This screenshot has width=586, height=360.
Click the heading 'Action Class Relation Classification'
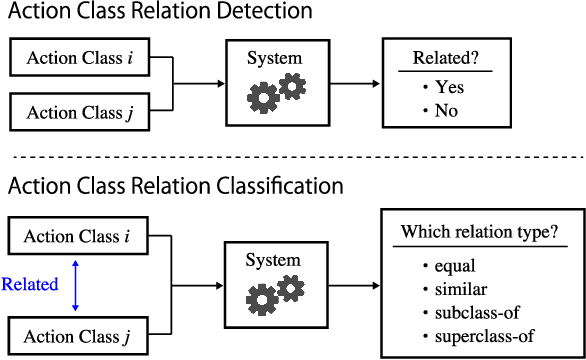(x=175, y=186)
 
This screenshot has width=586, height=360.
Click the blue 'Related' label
(x=29, y=284)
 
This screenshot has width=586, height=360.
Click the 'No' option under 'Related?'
(x=446, y=110)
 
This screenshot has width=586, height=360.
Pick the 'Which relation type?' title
(x=479, y=232)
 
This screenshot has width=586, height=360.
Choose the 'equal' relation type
(x=455, y=266)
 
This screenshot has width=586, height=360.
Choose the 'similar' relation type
(x=459, y=288)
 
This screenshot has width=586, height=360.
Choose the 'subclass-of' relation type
(x=470, y=311)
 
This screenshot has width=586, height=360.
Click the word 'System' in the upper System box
(x=274, y=58)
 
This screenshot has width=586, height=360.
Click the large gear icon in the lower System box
(x=263, y=300)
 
